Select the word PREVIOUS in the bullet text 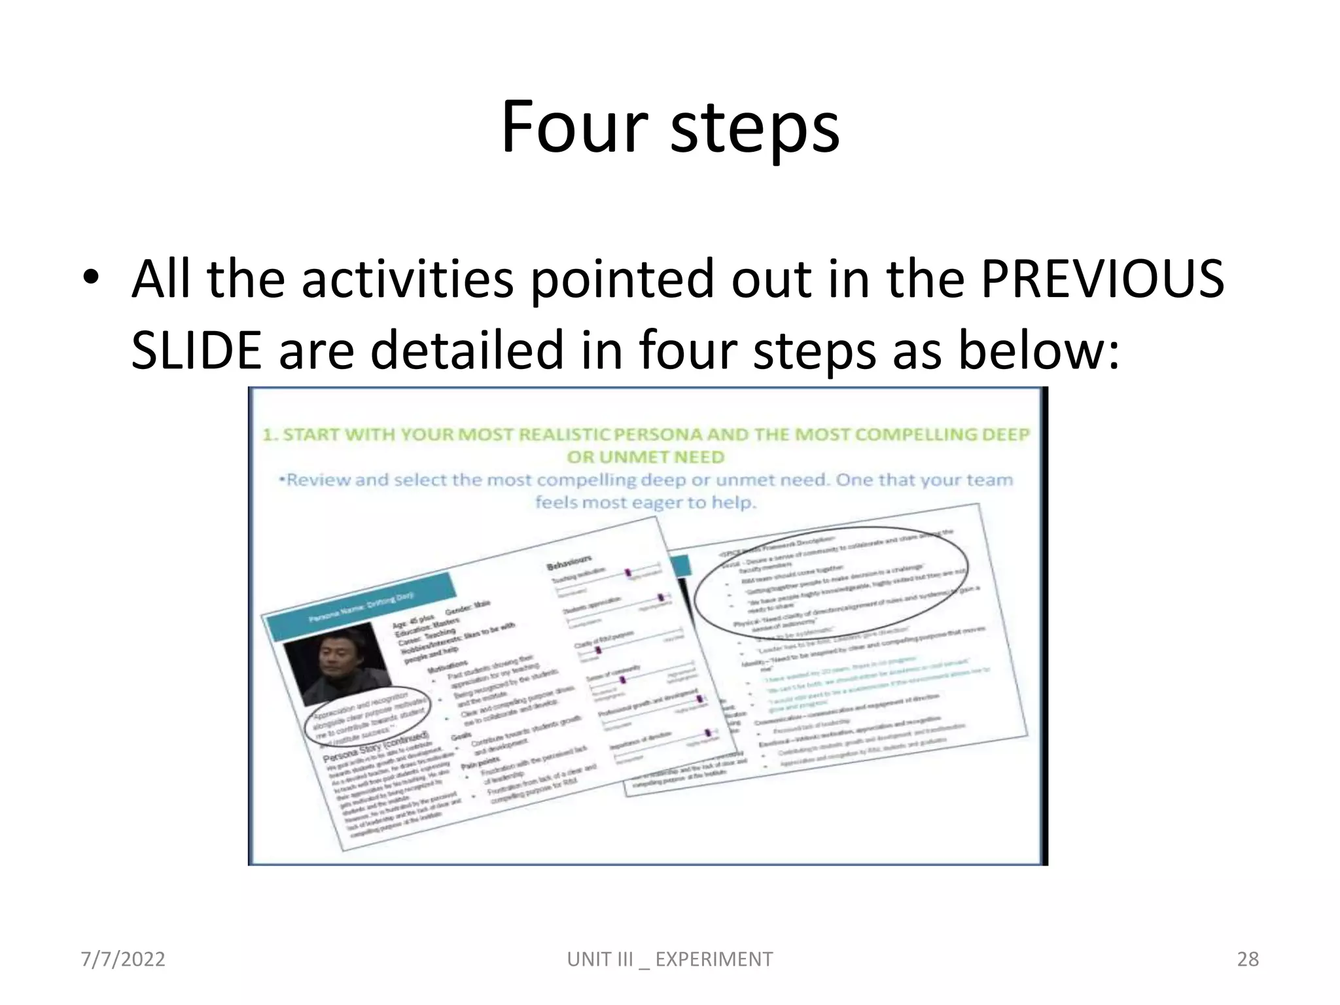click(x=1102, y=279)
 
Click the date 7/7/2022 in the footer click(x=122, y=959)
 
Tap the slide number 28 click(x=1248, y=959)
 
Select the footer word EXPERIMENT click(x=714, y=959)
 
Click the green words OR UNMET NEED click(x=646, y=457)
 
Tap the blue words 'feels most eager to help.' click(x=646, y=502)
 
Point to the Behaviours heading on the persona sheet click(x=569, y=562)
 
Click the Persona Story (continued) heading click(x=376, y=747)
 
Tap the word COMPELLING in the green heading click(x=909, y=435)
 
